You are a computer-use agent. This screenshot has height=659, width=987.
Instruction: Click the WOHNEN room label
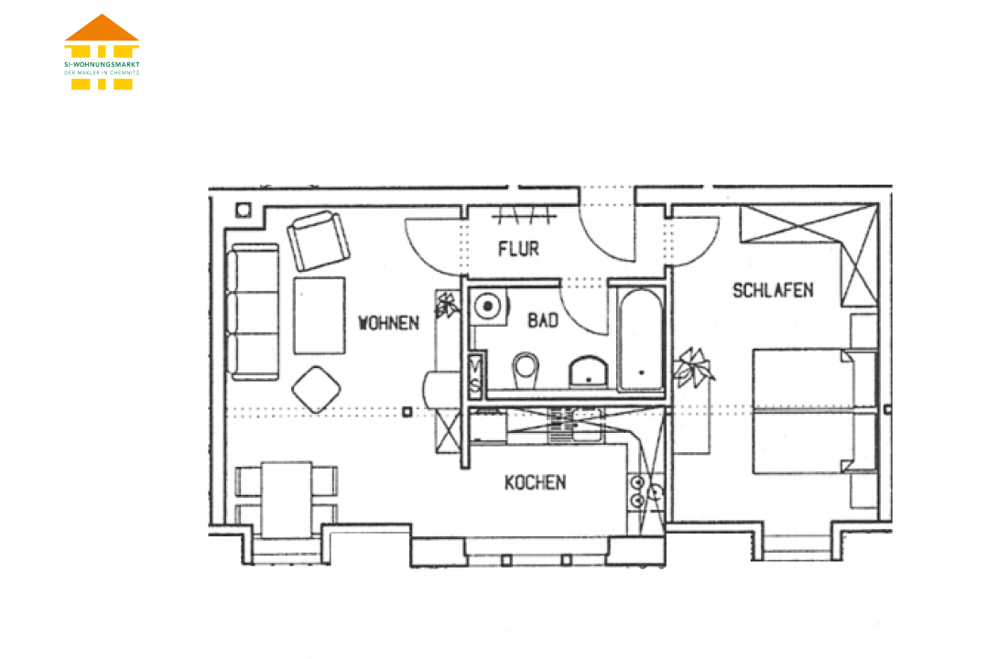tap(388, 323)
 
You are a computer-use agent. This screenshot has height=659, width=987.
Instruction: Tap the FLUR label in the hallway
tap(518, 249)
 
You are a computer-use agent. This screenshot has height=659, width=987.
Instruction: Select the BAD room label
tap(543, 320)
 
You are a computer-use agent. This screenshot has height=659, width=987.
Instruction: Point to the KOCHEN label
tap(535, 482)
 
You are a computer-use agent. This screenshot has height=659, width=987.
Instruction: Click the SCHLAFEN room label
tap(773, 290)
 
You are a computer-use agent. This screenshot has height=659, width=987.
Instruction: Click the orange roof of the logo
tap(102, 27)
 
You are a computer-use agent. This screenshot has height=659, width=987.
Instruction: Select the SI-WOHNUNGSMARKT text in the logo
tap(102, 64)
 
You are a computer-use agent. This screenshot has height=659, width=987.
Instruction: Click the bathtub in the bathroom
tap(640, 340)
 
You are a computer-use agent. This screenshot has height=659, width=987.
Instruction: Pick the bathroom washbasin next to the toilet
tap(588, 372)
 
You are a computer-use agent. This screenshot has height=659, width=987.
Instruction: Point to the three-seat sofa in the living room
tap(254, 312)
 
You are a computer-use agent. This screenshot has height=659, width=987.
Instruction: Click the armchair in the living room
tap(319, 240)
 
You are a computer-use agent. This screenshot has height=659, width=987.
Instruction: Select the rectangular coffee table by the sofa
tap(320, 316)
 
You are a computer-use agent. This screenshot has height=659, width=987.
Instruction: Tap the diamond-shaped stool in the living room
tap(317, 389)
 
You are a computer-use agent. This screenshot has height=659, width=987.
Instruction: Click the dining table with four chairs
tap(287, 499)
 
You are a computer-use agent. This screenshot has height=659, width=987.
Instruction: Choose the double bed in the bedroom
tap(815, 411)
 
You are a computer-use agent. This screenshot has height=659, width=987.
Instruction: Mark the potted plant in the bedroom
tap(693, 368)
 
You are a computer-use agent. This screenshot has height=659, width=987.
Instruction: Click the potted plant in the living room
tap(448, 306)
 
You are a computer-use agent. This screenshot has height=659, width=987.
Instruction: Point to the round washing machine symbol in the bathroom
tap(487, 307)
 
